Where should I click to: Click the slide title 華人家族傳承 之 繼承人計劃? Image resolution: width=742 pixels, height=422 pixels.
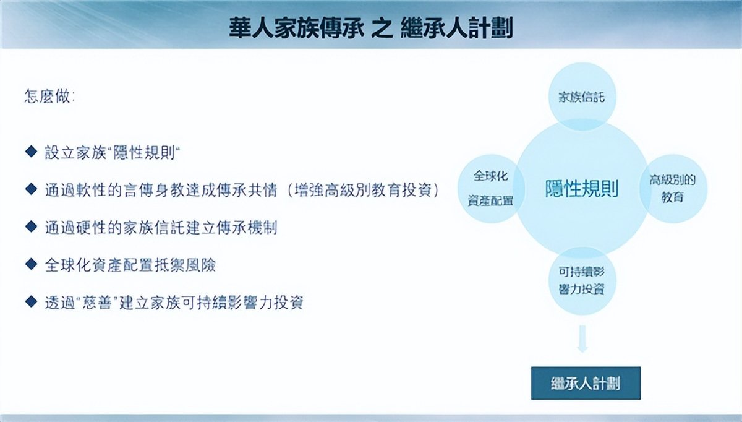tap(370, 28)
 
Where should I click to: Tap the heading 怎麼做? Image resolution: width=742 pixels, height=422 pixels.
tap(49, 97)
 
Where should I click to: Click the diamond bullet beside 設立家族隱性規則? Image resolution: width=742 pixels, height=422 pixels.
tap(31, 151)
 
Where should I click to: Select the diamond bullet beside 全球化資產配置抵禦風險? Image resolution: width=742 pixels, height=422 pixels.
tap(31, 264)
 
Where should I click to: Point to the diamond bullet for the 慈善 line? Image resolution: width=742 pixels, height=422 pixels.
tap(31, 301)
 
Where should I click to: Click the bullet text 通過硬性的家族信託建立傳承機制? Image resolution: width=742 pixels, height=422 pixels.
tap(161, 228)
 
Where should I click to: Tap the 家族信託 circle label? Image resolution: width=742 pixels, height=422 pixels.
tap(582, 97)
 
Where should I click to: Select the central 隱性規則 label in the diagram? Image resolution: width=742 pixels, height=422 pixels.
tap(582, 189)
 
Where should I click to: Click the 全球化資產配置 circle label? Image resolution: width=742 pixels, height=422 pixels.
tap(490, 188)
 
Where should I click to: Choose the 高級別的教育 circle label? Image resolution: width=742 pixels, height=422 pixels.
tap(673, 189)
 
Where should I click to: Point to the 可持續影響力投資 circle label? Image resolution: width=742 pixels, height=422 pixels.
tap(582, 280)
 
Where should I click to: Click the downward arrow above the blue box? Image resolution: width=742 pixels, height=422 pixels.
tap(582, 339)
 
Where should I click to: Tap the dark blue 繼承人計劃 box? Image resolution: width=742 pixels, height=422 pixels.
tap(586, 383)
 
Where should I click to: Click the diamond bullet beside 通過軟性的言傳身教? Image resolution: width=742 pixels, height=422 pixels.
tap(31, 189)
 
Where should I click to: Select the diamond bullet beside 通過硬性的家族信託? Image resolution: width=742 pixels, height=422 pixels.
tap(31, 226)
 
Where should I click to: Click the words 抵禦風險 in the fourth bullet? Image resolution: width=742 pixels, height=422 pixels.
tap(185, 265)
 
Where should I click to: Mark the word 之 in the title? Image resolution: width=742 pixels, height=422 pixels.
tap(382, 28)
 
